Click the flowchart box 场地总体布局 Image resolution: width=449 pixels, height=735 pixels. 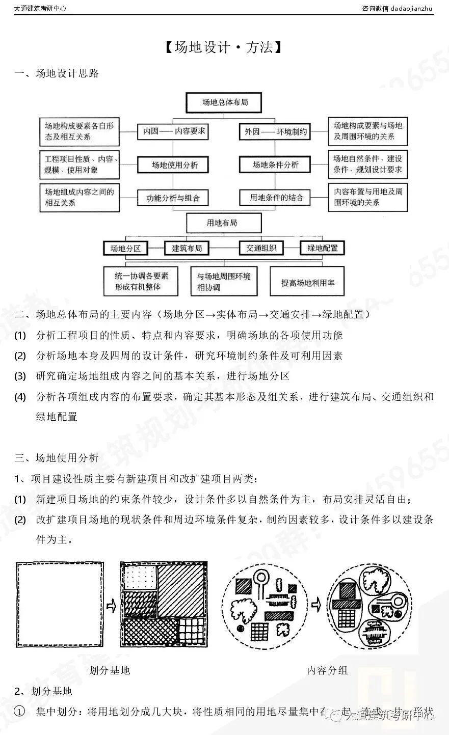225,102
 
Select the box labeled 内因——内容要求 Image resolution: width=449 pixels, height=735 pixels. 174,131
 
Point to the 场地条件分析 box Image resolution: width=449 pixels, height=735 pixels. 276,165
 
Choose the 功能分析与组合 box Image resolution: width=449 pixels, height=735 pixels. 173,198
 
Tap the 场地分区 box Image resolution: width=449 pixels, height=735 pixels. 125,249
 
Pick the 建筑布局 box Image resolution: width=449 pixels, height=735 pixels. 187,248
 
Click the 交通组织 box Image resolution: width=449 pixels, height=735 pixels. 261,248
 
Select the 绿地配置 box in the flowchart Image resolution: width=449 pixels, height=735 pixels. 322,248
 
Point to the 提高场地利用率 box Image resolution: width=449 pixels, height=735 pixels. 308,282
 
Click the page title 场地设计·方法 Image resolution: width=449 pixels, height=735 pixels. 224,48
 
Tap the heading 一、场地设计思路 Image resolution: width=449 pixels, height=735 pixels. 57,73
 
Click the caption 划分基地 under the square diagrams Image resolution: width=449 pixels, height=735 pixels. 110,670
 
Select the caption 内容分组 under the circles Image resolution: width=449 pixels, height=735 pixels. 327,670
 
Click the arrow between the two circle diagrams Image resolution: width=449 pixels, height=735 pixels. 316,606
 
